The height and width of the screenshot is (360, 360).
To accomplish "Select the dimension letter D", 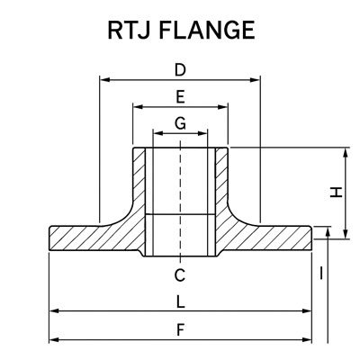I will click(x=180, y=69).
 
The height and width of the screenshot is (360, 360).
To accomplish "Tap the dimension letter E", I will click(x=180, y=95).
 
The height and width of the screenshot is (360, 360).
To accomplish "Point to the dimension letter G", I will click(x=180, y=122).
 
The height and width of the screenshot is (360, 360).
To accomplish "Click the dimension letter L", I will click(x=180, y=301).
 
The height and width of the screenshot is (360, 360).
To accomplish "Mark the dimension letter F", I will click(x=180, y=329).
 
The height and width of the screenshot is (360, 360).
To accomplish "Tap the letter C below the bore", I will click(x=180, y=274).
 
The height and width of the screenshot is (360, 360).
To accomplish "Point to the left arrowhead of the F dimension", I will click(x=52, y=339).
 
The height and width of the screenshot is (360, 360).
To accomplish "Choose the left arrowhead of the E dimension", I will click(x=138, y=106).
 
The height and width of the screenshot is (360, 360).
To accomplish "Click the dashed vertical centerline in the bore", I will click(x=180, y=198).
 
